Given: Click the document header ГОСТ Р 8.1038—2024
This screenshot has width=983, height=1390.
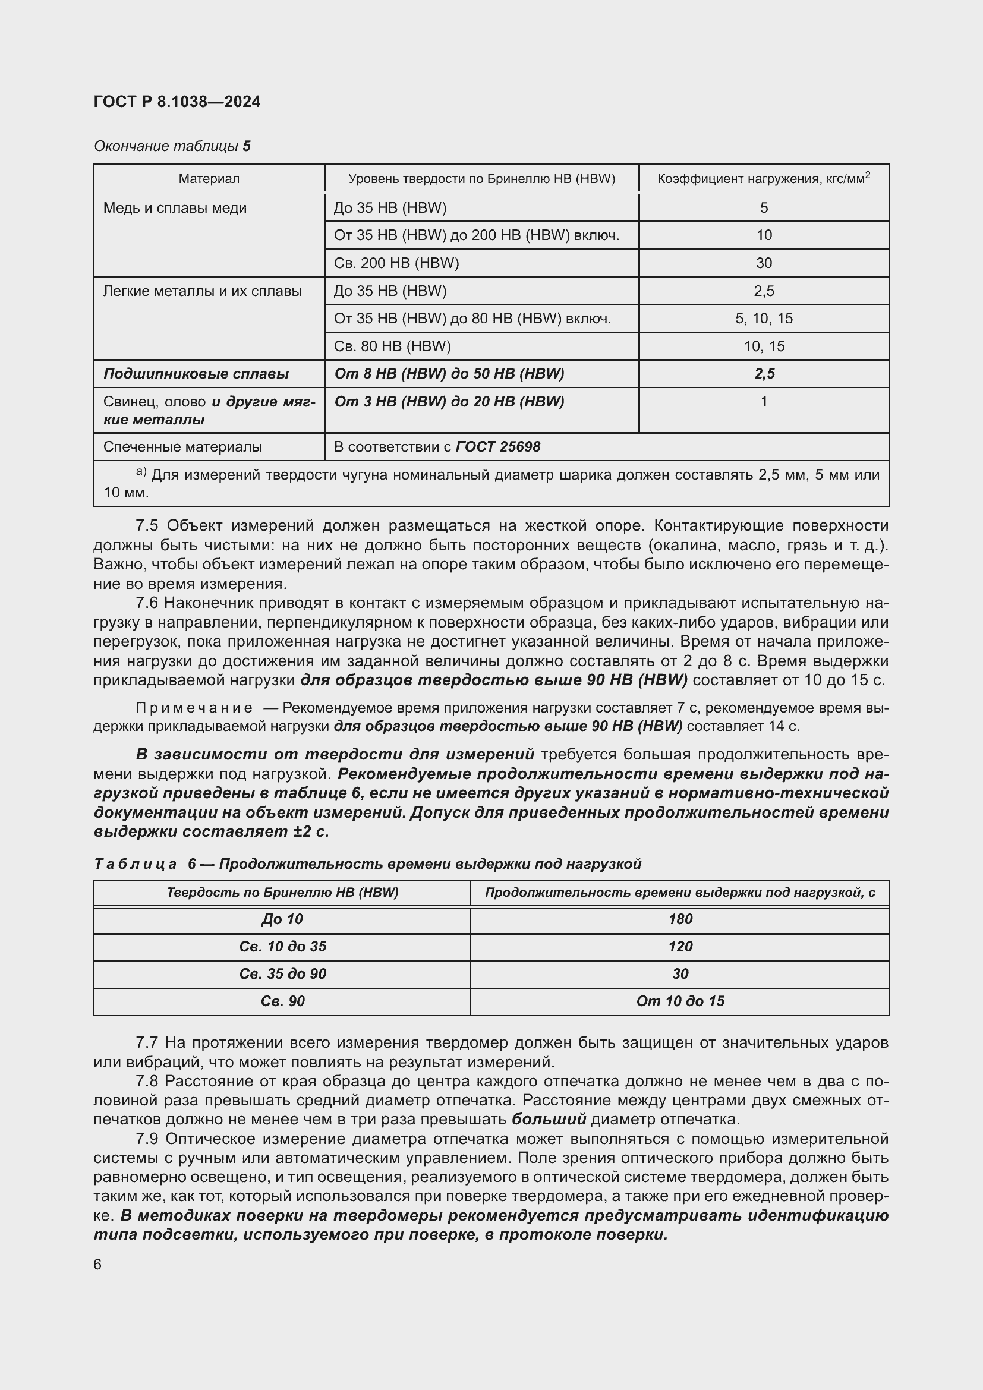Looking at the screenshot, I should [x=177, y=102].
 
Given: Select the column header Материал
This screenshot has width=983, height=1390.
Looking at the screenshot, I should [x=209, y=179].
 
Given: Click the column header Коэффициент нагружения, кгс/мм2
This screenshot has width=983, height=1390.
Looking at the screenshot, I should [x=763, y=179].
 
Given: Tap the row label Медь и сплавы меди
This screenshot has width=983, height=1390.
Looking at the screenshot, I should [x=175, y=207].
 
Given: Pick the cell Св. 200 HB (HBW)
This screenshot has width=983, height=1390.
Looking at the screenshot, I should [x=396, y=263].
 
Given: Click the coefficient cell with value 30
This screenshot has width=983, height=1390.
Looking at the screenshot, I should [x=763, y=263].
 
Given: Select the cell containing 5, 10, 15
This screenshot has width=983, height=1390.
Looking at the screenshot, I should [x=763, y=319].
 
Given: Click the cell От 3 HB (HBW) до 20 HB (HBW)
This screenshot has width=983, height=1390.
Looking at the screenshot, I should [x=449, y=401].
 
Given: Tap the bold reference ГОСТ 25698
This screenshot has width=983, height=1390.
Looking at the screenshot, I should [x=497, y=447].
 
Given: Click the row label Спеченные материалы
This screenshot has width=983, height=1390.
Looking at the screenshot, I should [x=183, y=447].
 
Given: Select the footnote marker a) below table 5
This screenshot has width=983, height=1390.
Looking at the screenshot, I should [x=141, y=472].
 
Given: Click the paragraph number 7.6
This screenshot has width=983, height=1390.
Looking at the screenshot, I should [x=147, y=603].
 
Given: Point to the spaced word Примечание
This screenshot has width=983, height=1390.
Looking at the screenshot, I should [x=194, y=708].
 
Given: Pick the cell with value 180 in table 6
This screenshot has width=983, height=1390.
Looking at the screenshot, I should [x=680, y=919].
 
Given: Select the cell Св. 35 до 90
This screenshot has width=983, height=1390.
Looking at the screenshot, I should [x=283, y=973].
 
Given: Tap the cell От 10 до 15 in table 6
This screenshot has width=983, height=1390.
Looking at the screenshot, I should [x=680, y=1001].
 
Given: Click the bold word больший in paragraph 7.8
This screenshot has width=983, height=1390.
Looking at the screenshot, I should [x=549, y=1120].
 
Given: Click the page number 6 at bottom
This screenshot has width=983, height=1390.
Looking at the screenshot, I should [x=98, y=1264].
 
